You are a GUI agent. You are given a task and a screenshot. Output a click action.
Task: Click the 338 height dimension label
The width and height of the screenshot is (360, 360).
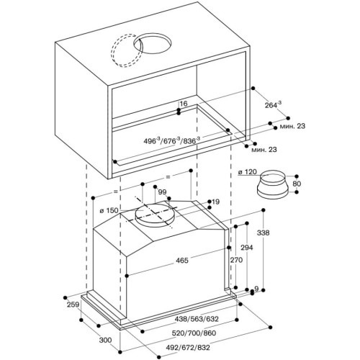[264, 233]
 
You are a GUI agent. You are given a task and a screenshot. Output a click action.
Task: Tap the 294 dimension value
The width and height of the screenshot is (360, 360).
[247, 248]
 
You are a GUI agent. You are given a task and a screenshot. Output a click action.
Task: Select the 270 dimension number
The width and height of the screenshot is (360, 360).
[236, 260]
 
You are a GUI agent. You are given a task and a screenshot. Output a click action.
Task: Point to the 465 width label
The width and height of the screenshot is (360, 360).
[182, 261]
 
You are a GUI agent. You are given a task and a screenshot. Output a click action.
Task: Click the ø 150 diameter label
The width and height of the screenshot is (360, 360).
[109, 211]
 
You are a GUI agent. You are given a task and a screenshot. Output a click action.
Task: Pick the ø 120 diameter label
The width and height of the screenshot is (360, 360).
[248, 172]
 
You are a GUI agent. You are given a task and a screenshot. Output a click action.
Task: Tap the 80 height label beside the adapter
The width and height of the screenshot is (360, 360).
[297, 184]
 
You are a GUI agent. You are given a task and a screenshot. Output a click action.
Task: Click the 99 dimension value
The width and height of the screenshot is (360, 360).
[162, 192]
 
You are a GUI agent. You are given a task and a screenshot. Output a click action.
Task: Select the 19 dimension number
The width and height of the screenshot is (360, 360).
[215, 202]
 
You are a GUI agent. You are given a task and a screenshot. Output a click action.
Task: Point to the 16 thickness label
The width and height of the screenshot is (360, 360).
[184, 104]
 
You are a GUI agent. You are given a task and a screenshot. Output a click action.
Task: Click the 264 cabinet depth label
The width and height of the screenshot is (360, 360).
[273, 105]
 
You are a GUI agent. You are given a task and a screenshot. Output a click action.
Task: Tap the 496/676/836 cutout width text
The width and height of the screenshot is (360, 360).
[172, 140]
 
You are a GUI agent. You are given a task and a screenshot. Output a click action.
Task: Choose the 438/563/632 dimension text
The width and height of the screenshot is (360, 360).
[197, 319]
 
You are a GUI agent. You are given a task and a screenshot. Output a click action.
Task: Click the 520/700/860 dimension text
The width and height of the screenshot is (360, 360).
[194, 333]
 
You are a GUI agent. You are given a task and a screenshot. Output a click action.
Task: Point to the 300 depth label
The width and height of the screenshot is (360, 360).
[105, 340]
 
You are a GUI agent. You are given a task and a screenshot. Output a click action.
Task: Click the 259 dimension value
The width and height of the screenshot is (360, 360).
[73, 305]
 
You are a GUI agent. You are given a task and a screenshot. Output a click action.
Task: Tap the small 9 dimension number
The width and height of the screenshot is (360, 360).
[256, 289]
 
